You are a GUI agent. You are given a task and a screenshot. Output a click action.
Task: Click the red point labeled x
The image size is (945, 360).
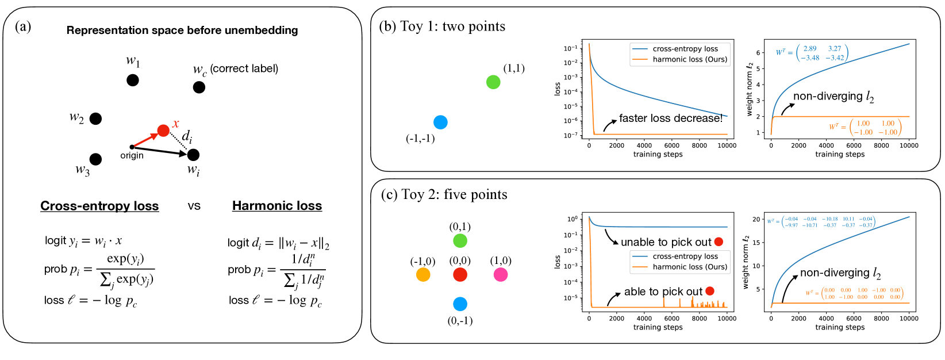163,131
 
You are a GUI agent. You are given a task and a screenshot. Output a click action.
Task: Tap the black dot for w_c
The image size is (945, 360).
199,87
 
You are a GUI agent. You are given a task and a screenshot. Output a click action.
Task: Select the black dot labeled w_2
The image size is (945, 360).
95,118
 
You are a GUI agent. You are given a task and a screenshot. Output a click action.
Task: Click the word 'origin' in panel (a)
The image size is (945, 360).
132,156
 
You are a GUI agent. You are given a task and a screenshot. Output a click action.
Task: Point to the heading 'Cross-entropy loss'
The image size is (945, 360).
99,206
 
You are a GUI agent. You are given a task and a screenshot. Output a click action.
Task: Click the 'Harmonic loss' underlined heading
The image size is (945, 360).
277,206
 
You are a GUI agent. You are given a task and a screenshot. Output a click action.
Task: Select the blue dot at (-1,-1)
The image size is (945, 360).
440,122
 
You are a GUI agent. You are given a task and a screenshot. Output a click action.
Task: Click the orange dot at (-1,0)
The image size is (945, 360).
423,275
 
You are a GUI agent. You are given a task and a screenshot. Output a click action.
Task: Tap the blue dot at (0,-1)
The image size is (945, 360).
460,304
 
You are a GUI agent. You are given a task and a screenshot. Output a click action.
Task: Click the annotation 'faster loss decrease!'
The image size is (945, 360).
670,118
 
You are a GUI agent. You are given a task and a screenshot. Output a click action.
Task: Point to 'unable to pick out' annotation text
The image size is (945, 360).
666,242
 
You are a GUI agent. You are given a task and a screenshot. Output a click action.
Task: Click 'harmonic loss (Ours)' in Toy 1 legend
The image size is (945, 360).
690,59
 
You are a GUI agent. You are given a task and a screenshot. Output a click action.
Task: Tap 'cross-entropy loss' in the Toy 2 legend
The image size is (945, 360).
685,256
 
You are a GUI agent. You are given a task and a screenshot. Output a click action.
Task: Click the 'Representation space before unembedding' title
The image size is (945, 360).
182,30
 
